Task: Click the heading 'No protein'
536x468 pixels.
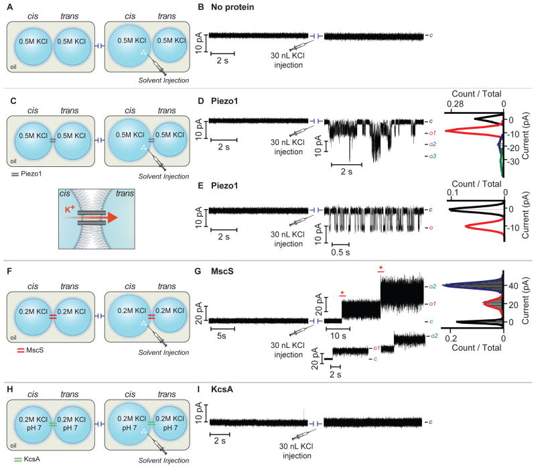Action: [236, 8]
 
